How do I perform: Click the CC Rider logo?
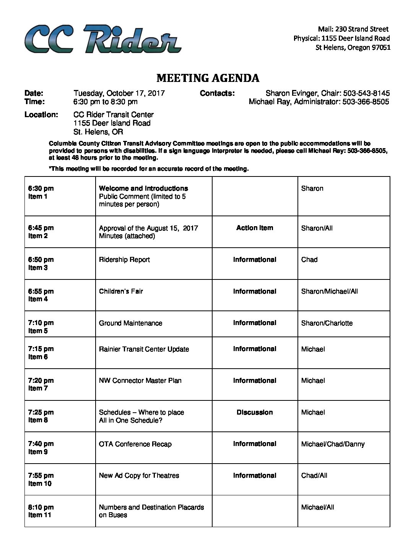click(x=102, y=39)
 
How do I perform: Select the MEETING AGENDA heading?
click(x=208, y=78)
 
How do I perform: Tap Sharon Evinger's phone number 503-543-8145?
click(x=366, y=93)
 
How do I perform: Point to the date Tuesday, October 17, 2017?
click(x=119, y=93)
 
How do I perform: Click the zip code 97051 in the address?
click(x=381, y=47)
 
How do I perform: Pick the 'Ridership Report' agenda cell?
click(x=124, y=260)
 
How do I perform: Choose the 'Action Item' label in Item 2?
click(x=255, y=228)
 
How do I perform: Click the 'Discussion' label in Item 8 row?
click(x=255, y=412)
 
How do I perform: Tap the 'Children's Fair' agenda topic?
click(x=121, y=291)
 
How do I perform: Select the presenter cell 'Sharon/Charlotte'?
click(x=327, y=323)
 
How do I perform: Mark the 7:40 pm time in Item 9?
click(x=41, y=444)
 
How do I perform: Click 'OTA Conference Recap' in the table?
click(x=135, y=444)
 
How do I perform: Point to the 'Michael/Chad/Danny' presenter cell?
click(x=333, y=444)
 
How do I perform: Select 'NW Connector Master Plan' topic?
click(x=140, y=381)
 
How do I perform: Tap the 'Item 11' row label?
click(x=40, y=515)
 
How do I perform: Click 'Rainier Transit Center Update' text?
click(x=144, y=349)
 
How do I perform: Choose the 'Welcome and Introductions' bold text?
click(x=143, y=188)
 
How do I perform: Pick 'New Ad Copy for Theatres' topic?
click(x=139, y=475)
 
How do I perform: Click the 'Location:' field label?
click(x=41, y=114)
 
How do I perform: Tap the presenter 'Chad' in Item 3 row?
click(x=309, y=260)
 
